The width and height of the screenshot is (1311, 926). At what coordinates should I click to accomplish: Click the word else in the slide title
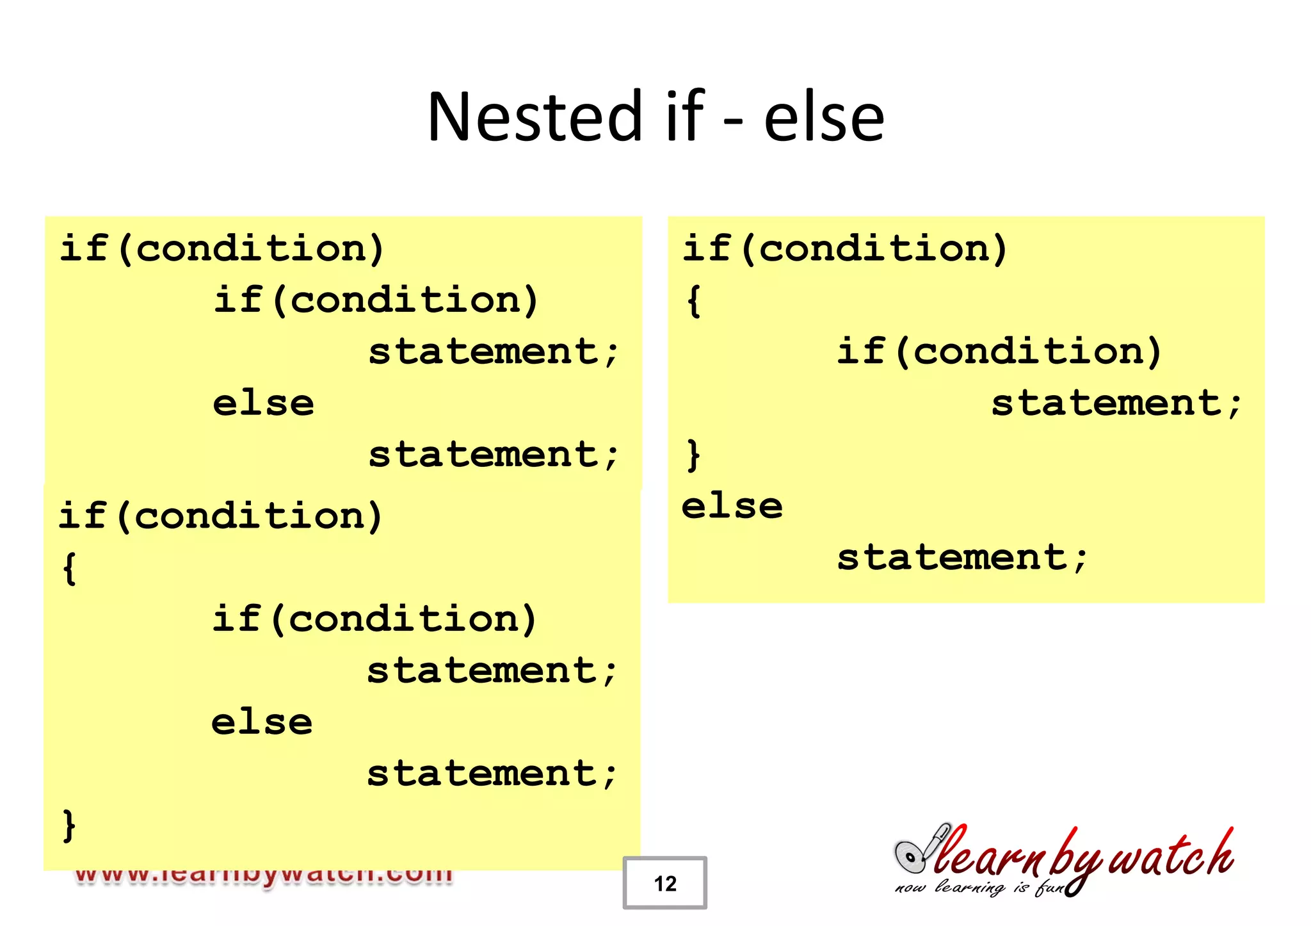coord(824,118)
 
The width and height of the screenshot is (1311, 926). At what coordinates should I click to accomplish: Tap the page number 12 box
coord(664,883)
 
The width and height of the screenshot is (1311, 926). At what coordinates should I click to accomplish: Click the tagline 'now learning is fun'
coord(979,888)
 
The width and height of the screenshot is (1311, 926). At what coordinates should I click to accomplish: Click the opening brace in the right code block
coord(693,301)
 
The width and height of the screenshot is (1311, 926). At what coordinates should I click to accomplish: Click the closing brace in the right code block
coord(693,455)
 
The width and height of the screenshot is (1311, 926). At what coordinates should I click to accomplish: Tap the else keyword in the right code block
coord(732,507)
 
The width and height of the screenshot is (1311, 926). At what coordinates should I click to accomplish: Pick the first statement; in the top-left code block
coord(493,352)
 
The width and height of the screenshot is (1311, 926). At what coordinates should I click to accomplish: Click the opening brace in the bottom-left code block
coord(70,568)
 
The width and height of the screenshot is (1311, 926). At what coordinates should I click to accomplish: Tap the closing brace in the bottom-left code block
coord(70,825)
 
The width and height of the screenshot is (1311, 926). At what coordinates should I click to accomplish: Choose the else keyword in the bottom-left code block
coord(262,722)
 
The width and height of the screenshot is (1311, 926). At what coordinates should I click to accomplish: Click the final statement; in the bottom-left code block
coord(492,774)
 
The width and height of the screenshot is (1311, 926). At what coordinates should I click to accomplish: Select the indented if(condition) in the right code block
coord(999,352)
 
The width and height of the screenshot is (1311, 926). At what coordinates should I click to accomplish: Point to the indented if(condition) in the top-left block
coord(376,300)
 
